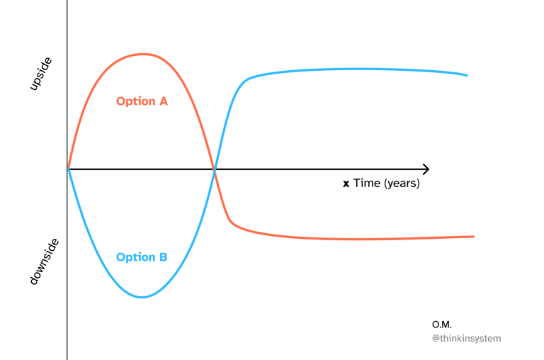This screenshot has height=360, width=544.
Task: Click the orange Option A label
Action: [x=142, y=101]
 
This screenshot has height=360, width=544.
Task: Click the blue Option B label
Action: [x=142, y=257]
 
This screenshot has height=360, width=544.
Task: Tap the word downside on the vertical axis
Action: [x=44, y=261]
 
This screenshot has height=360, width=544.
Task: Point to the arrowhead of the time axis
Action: [x=426, y=169]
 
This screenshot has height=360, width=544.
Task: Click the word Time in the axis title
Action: [x=366, y=184]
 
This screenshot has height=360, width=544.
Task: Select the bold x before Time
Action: [x=346, y=184]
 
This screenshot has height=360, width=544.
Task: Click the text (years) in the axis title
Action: [x=402, y=184]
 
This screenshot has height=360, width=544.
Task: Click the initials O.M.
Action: [x=442, y=325]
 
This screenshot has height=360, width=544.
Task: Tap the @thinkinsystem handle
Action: [x=466, y=339]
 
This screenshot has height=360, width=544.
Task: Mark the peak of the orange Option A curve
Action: [x=144, y=54]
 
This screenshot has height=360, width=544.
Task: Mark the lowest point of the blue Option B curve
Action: [x=142, y=297]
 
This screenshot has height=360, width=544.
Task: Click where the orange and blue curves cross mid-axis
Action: [x=215, y=169]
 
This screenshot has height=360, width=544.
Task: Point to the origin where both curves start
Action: [x=68, y=169]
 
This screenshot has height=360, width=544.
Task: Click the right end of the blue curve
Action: [x=466, y=74]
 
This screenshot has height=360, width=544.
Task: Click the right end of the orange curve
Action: [x=472, y=237]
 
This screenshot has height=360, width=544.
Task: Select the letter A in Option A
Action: [x=163, y=101]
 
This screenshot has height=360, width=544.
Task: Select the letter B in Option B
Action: [x=163, y=257]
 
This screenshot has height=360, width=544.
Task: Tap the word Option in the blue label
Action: [x=135, y=257]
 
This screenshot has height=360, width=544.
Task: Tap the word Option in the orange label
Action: [x=135, y=101]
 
